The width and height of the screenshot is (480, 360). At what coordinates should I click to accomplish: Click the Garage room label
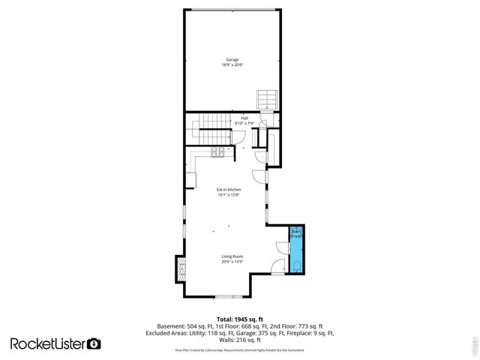tap(232, 59)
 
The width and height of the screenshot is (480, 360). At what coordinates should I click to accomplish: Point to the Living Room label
tap(232, 256)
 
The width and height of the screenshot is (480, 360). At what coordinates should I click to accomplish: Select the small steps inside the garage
tap(267, 99)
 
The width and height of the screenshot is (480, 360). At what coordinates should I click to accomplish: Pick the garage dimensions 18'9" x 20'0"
tap(232, 64)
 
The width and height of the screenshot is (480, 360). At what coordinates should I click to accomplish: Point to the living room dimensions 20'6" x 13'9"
tap(232, 262)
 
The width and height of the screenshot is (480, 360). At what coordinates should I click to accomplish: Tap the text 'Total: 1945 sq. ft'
tap(240, 318)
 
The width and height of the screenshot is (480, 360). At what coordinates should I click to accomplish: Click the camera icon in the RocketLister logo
tap(94, 343)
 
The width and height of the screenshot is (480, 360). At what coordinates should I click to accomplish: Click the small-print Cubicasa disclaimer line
tap(240, 349)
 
